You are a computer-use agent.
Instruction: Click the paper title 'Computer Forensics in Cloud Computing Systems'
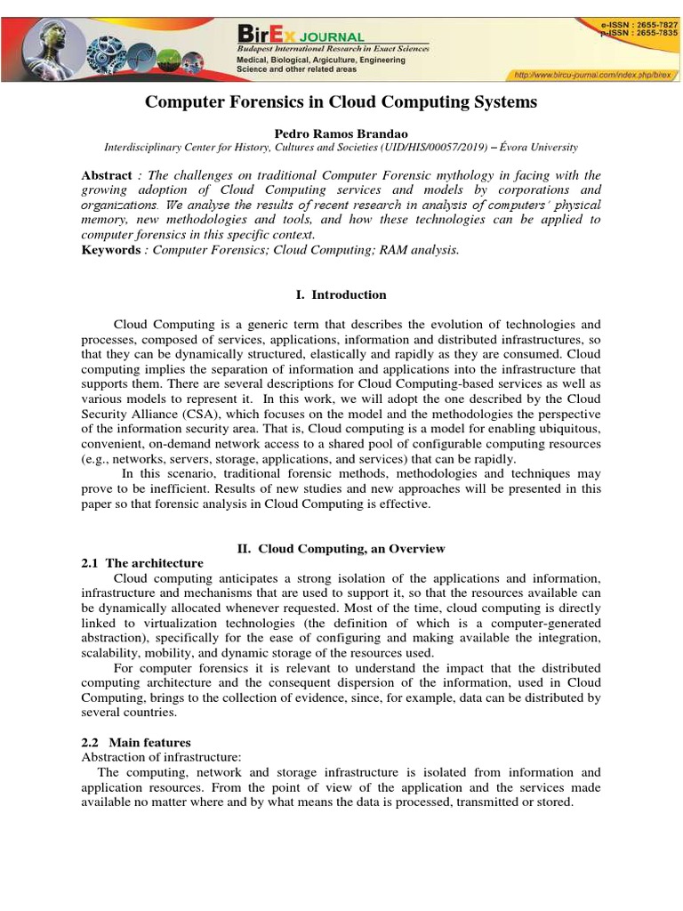pyautogui.click(x=341, y=102)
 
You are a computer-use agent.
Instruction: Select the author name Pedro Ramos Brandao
pyautogui.click(x=341, y=132)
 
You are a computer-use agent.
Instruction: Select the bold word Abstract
pyautogui.click(x=106, y=175)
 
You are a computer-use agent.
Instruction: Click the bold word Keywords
pyautogui.click(x=110, y=250)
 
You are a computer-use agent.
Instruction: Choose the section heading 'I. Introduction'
pyautogui.click(x=341, y=294)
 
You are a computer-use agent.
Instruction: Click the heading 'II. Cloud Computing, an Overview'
pyautogui.click(x=341, y=549)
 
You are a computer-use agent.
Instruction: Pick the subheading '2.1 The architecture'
pyautogui.click(x=141, y=563)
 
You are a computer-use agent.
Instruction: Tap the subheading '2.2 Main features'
pyautogui.click(x=135, y=742)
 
